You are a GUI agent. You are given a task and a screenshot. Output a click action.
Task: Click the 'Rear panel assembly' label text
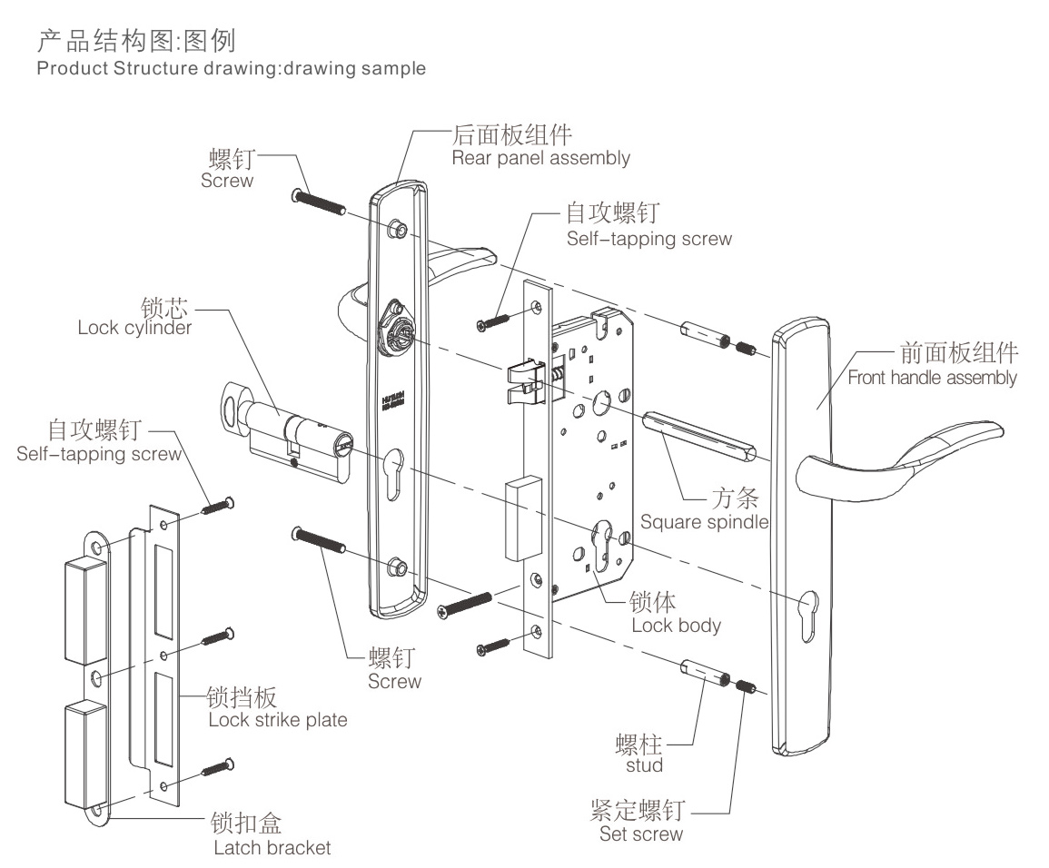click(540, 158)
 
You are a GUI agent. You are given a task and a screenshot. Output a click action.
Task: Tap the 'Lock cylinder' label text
click(134, 328)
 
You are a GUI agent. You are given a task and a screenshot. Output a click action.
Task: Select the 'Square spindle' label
click(704, 522)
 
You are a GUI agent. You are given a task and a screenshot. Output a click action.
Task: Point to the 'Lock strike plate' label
click(277, 720)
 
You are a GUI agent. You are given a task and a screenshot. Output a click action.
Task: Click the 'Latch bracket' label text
click(272, 848)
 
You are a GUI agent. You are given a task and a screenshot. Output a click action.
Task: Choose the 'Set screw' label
click(640, 833)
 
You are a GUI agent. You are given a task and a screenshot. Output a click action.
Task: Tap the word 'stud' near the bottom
click(644, 764)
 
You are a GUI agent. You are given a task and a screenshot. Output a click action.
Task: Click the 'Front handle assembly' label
click(932, 377)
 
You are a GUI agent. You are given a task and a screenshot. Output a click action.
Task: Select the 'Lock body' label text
click(676, 625)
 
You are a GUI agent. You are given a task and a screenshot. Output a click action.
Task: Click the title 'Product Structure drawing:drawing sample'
click(231, 69)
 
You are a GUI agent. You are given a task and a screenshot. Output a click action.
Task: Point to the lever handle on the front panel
click(899, 454)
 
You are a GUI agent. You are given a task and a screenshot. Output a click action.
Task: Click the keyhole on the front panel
click(807, 605)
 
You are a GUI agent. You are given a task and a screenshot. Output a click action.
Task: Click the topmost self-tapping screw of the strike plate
click(219, 505)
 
